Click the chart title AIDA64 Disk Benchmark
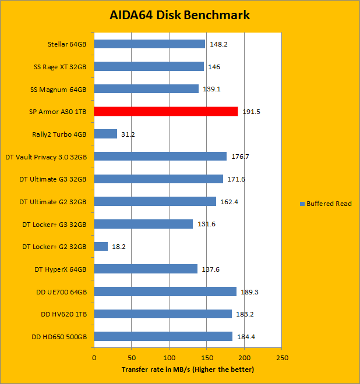180,15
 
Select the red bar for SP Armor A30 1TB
166,111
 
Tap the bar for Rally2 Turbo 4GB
105,134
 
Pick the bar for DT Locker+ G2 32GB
101,246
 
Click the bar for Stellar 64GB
149,44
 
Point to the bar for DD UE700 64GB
165,291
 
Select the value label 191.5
250,112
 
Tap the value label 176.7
239,157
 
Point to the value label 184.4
245,337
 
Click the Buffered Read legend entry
326,204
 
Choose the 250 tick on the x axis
281,358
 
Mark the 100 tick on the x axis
169,358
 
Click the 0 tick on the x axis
94,358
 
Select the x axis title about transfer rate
188,369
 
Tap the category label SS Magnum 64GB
58,89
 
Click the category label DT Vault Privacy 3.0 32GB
46,157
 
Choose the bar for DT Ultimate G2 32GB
155,201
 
